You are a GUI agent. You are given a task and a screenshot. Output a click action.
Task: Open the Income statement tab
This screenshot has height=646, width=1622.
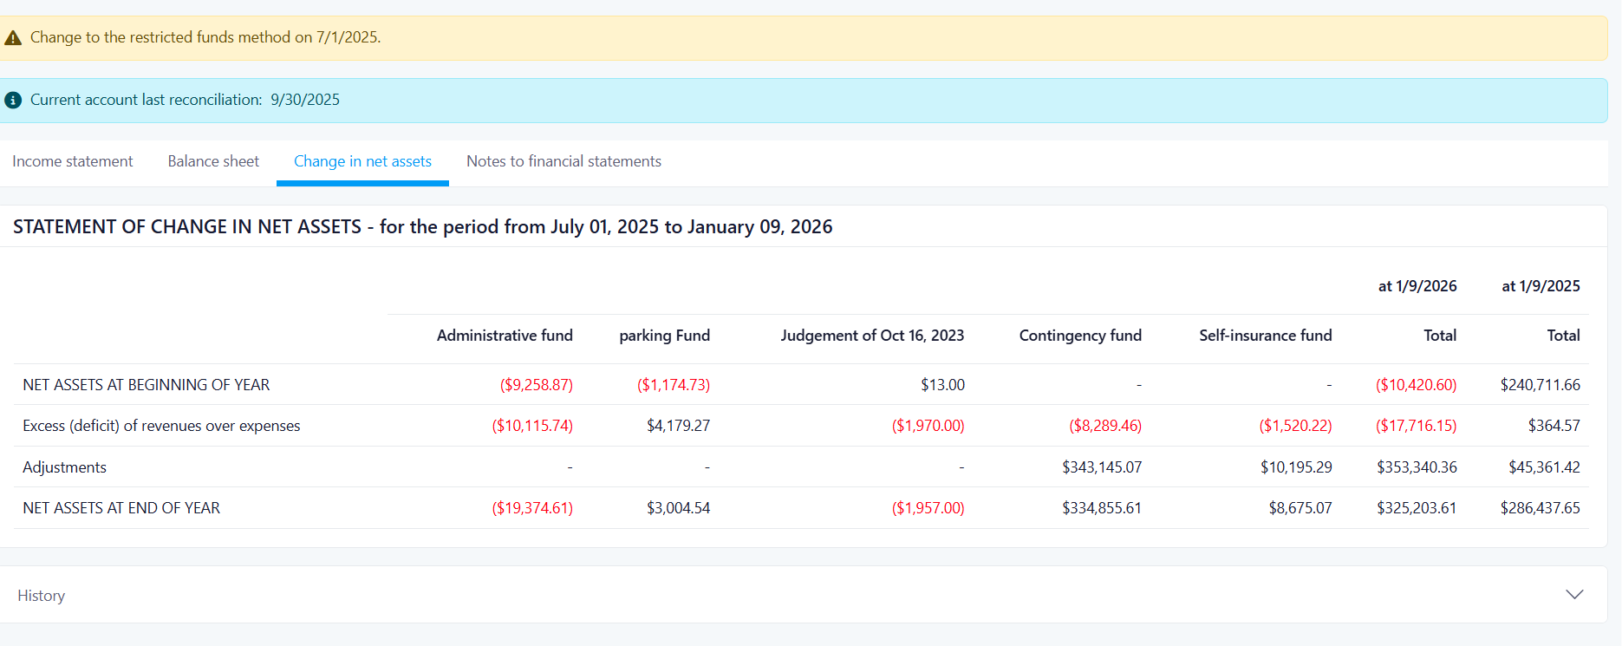73,161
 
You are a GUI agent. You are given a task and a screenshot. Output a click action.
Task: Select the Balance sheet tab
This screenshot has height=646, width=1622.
213,161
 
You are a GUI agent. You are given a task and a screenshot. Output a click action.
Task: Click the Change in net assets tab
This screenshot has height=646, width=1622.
362,161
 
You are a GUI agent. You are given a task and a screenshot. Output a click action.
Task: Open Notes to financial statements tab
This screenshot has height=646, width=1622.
563,161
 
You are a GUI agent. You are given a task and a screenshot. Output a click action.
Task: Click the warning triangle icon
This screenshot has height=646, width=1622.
13,38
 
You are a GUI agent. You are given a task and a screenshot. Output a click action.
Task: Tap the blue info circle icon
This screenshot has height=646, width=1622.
13,101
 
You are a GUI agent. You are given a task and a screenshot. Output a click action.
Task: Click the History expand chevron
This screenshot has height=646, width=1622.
1574,595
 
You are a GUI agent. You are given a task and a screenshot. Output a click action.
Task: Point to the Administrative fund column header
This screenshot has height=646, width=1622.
505,336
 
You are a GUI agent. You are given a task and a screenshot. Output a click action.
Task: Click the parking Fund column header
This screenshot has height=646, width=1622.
664,336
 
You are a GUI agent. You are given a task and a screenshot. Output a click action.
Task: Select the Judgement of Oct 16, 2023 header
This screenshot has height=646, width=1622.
872,336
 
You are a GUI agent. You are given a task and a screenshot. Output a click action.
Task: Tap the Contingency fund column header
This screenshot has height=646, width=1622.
1080,336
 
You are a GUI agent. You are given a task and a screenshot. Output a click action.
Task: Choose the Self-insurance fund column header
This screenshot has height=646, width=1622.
1266,336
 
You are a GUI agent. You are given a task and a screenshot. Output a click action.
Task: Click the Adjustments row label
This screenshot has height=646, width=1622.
65,467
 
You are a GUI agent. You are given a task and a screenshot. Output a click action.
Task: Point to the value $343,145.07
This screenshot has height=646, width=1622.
1102,467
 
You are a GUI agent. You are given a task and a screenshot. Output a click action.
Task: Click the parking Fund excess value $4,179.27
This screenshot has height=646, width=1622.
678,426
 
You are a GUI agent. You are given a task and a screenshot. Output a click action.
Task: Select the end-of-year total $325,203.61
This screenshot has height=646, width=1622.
1417,508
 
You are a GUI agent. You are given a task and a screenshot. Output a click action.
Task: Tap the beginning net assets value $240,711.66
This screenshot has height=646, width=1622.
1541,385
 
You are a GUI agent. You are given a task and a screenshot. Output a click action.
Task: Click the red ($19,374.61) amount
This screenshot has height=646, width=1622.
532,508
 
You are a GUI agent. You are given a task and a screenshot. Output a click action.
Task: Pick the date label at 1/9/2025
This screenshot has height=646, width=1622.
1541,286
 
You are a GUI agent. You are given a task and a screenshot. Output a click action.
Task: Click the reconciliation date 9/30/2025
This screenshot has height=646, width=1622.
305,100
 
